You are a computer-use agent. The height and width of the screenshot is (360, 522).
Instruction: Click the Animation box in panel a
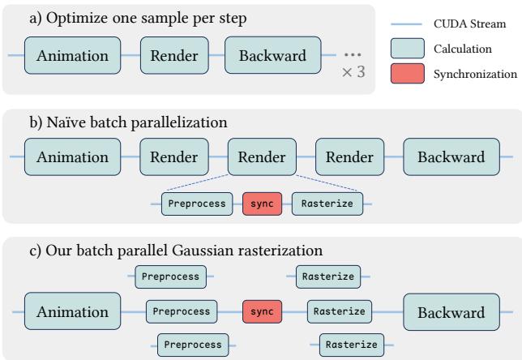[73, 56]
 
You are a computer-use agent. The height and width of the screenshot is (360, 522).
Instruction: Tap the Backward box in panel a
[272, 56]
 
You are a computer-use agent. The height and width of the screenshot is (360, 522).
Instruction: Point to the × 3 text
[353, 72]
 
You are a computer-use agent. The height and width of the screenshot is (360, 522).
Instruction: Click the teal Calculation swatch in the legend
[409, 50]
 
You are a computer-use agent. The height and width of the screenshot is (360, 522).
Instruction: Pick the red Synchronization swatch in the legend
[409, 75]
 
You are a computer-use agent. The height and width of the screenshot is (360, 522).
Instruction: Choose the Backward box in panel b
[451, 156]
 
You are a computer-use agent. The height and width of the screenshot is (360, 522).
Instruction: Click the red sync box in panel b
[262, 204]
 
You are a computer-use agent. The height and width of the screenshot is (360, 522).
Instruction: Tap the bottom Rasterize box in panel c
[350, 344]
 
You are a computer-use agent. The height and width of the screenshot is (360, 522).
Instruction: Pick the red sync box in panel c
[263, 311]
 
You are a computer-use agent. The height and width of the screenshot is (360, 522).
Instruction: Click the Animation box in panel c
[73, 312]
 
